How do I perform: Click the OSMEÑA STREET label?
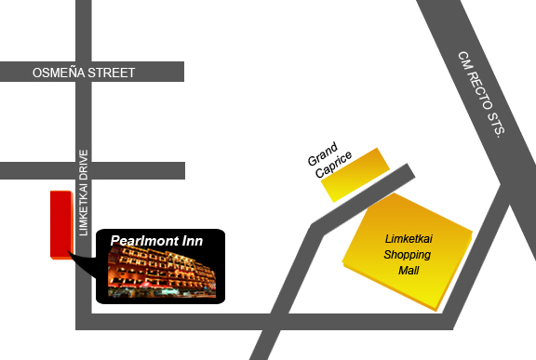[x=84, y=73]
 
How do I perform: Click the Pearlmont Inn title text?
[x=156, y=240]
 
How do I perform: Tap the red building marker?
[x=60, y=223]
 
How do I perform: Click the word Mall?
[x=409, y=271]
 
